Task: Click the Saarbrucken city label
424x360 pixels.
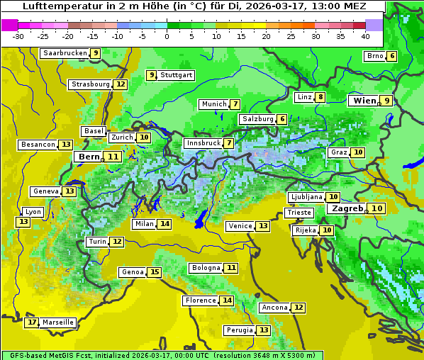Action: (x=65, y=53)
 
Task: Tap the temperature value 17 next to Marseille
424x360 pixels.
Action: (x=31, y=322)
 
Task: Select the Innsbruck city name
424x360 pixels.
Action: (x=203, y=143)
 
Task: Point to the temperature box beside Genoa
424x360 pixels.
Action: (x=154, y=272)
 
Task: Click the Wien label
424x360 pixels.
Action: (x=364, y=101)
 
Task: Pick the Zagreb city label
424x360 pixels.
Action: (x=347, y=208)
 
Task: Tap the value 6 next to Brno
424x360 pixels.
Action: (x=391, y=56)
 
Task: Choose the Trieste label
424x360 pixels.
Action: (x=298, y=213)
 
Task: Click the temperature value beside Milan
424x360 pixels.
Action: (x=164, y=224)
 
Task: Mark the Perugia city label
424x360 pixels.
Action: (x=239, y=330)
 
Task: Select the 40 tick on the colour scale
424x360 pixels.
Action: (x=365, y=36)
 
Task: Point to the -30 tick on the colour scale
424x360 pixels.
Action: (x=18, y=36)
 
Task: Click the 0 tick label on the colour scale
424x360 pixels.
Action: (x=167, y=36)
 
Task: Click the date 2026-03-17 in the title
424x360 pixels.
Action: (x=277, y=6)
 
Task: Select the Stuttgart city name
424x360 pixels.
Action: (x=177, y=75)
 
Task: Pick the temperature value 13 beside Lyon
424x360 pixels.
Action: (x=23, y=222)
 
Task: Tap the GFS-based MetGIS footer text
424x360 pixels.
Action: (x=50, y=355)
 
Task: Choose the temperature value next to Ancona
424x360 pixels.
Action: (x=299, y=308)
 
